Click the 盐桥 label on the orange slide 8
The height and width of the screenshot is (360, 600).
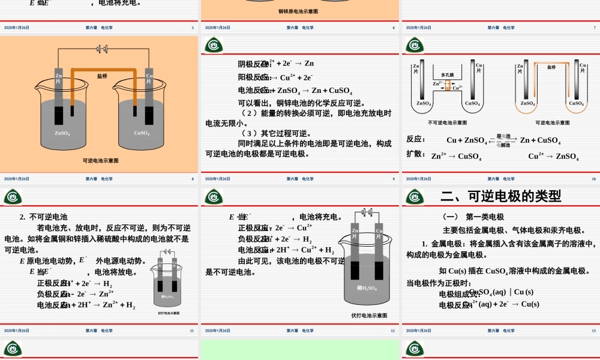coord(102,76)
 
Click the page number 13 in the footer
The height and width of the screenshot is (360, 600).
coord(593,331)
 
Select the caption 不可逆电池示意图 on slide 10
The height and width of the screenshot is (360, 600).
coord(447,122)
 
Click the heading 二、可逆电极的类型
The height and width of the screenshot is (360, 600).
coord(501,196)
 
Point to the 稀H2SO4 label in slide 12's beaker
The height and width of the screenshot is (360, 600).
coord(366,288)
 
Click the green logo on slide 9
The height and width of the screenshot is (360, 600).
coord(214,46)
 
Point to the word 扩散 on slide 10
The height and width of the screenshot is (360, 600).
coord(415,154)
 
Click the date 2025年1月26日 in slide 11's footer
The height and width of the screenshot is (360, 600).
coord(16,331)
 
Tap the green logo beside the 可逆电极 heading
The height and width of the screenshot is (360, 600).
coord(415,197)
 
